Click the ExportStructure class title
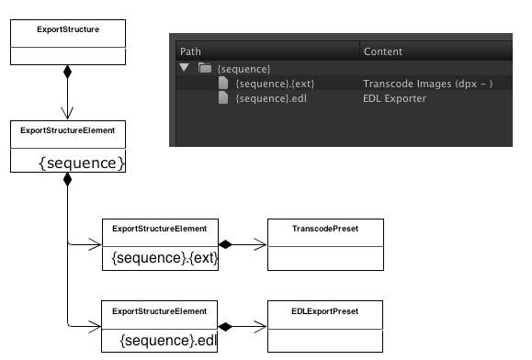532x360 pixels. [x=68, y=29]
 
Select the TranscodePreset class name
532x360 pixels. [x=325, y=227]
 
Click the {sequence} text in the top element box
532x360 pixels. [x=81, y=163]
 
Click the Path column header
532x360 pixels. [x=189, y=51]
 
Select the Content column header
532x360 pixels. [x=383, y=51]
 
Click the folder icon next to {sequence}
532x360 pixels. [x=206, y=69]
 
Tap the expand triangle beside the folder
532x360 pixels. [x=185, y=69]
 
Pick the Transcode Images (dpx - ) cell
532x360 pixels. [x=428, y=84]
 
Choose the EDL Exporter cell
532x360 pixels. [x=395, y=98]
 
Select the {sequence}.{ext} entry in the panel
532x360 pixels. [x=275, y=84]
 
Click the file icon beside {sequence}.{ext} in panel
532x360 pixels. [x=223, y=84]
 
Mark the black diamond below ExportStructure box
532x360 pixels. [x=67, y=73]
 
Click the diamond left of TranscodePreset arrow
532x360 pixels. [x=226, y=244]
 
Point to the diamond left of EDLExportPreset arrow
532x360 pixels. [x=226, y=326]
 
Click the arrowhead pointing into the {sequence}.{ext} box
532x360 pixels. [x=95, y=244]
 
